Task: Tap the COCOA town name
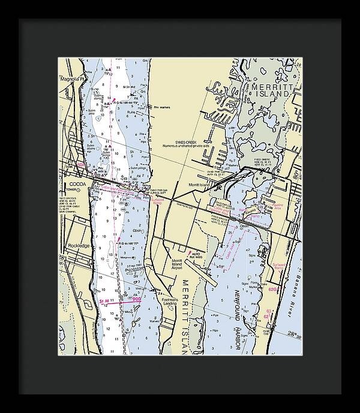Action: point(77,184)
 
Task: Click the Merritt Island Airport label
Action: point(176,264)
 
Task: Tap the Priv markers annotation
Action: point(161,107)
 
